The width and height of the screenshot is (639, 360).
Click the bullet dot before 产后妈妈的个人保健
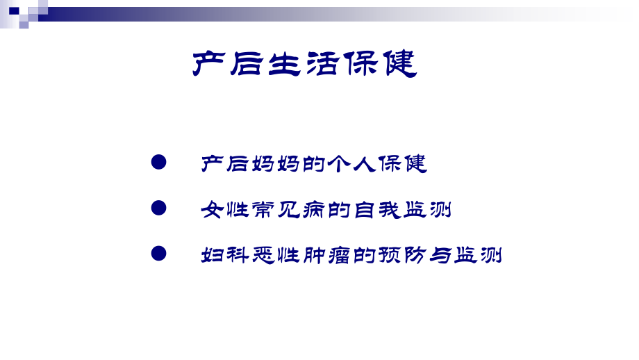pyautogui.click(x=159, y=163)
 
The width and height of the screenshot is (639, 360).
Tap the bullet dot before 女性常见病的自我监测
pyautogui.click(x=159, y=208)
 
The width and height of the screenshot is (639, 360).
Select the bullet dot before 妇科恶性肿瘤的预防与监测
pyautogui.click(x=159, y=254)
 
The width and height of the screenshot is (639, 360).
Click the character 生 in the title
pyautogui.click(x=285, y=65)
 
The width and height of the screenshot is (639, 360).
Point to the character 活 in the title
pyautogui.click(x=323, y=65)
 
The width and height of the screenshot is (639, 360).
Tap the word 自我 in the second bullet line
pyautogui.click(x=376, y=210)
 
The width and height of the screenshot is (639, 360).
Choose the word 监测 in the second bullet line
pyautogui.click(x=426, y=210)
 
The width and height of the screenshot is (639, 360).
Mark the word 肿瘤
pyautogui.click(x=325, y=255)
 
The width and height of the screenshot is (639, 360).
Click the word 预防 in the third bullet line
pyautogui.click(x=401, y=255)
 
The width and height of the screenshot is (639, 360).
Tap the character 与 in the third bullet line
pyautogui.click(x=439, y=255)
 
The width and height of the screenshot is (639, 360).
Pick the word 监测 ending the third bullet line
pyautogui.click(x=476, y=255)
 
